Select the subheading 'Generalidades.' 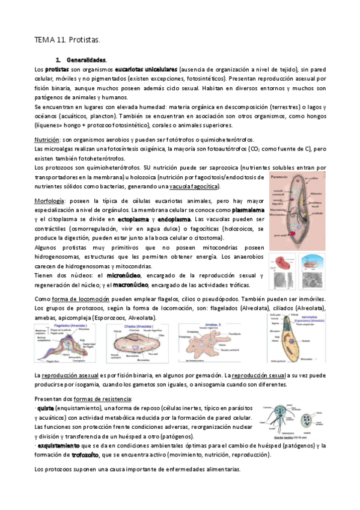point(87,60)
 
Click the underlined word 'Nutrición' point(47,139)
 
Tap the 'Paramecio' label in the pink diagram point(279,179)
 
